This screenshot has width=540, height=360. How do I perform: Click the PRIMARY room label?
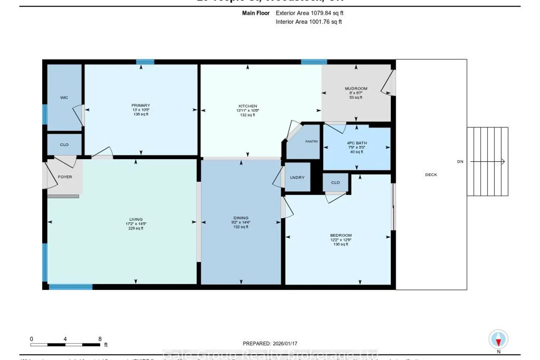pyautogui.click(x=140, y=105)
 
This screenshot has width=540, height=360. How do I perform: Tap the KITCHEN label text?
pyautogui.click(x=248, y=106)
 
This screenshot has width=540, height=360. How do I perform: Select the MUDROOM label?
pyautogui.click(x=356, y=89)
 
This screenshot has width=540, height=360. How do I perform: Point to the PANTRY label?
pyautogui.click(x=311, y=141)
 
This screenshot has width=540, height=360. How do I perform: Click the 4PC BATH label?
pyautogui.click(x=356, y=143)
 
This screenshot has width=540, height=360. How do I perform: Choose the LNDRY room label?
pyautogui.click(x=297, y=177)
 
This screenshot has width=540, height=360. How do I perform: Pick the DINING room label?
pyautogui.click(x=240, y=218)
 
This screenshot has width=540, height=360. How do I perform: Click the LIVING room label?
pyautogui.click(x=136, y=219)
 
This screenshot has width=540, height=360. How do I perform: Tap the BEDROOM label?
pyautogui.click(x=341, y=235)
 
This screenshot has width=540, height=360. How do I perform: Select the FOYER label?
pyautogui.click(x=65, y=177)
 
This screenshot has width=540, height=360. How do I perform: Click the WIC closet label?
pyautogui.click(x=64, y=98)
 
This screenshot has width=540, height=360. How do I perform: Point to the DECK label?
pyautogui.click(x=431, y=175)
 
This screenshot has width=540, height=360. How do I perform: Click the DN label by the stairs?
pyautogui.click(x=460, y=162)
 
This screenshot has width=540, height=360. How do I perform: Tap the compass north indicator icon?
pyautogui.click(x=498, y=339)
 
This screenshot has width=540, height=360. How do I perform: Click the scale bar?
pyautogui.click(x=65, y=345)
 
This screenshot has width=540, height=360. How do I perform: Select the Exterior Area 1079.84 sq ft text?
pyautogui.click(x=309, y=13)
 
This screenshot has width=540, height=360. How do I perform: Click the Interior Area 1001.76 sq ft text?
pyautogui.click(x=309, y=22)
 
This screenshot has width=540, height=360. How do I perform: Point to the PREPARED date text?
pyautogui.click(x=270, y=343)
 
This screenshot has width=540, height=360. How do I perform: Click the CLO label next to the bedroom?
pyautogui.click(x=335, y=183)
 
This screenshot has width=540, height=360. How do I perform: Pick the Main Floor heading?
pyautogui.click(x=256, y=13)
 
